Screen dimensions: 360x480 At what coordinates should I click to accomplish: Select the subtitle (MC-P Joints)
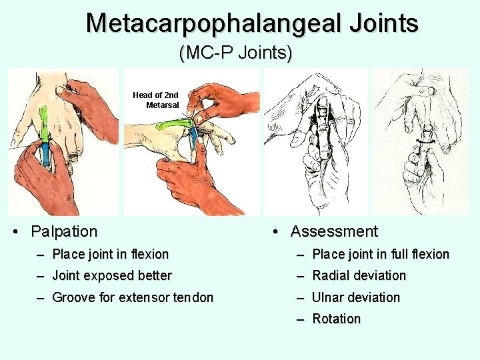(x=235, y=53)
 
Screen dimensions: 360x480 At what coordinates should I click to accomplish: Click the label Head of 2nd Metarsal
(x=157, y=100)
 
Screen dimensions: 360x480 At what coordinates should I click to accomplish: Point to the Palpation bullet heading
(x=64, y=231)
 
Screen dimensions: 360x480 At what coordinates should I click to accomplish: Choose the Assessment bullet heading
(x=334, y=231)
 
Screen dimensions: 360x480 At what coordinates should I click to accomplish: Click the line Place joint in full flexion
(x=381, y=254)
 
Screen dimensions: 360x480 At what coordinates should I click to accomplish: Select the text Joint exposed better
(x=112, y=275)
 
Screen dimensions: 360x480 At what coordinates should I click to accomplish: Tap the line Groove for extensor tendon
(x=133, y=297)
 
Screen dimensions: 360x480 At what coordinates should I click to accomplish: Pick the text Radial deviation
(x=359, y=275)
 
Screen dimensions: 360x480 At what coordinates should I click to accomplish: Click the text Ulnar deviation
(x=356, y=297)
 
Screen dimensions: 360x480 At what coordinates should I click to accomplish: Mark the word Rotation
(x=336, y=319)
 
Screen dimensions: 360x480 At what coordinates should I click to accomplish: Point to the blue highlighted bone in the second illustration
(x=193, y=142)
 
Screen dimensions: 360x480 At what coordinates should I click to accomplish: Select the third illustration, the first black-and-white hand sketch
(x=315, y=141)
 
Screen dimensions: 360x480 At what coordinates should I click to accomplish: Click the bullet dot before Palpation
(x=16, y=232)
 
